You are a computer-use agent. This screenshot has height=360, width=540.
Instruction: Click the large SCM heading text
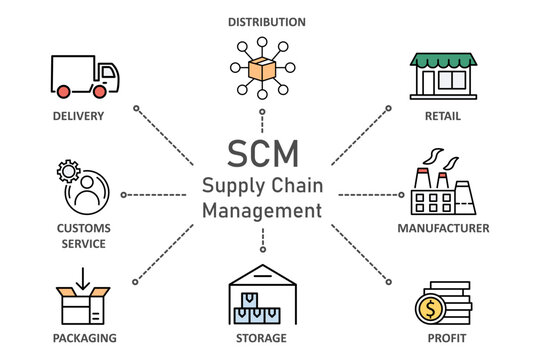click(262, 154)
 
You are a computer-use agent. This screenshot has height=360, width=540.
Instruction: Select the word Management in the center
click(262, 211)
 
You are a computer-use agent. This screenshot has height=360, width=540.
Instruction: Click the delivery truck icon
click(84, 76)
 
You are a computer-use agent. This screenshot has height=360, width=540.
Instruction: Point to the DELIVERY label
click(78, 116)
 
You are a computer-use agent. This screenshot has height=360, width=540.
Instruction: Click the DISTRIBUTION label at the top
click(267, 22)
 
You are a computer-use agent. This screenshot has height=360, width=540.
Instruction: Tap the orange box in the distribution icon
click(262, 70)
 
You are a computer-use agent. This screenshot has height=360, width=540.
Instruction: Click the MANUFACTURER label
click(443, 229)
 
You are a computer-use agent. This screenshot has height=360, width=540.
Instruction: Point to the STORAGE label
click(261, 338)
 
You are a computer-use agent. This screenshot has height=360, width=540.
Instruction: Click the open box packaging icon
click(82, 298)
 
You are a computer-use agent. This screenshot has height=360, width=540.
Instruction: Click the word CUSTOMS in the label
click(83, 229)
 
